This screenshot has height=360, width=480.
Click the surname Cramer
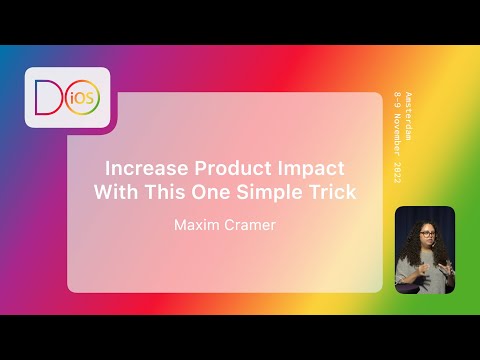[x=251, y=226]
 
